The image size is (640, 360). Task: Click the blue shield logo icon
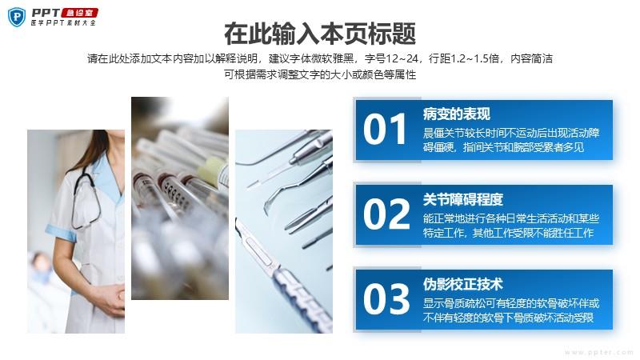point(16,17)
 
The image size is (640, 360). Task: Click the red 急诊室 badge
point(79,13)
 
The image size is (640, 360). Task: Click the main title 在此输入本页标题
point(320,34)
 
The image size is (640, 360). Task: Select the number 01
point(385,130)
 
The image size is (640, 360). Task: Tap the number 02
point(386,214)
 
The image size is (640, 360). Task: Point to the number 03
point(386,299)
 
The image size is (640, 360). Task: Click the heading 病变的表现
point(456,114)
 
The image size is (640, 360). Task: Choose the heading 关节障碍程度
point(463,199)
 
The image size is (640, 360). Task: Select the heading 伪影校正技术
point(463,284)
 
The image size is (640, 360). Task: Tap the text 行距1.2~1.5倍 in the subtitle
point(464,58)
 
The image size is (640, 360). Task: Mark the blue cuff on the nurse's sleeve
point(62,232)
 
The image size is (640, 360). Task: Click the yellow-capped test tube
point(212,170)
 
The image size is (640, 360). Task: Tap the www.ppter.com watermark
point(598,352)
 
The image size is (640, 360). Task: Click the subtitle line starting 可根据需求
point(320,74)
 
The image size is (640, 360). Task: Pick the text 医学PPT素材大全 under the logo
point(63,23)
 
